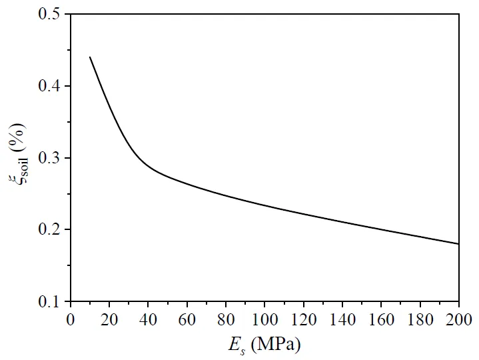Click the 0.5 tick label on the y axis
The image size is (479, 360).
[x=51, y=14]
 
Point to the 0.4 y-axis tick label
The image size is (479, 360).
[x=51, y=86]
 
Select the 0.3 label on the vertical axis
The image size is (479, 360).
[x=51, y=158]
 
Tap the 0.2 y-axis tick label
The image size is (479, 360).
[x=51, y=230]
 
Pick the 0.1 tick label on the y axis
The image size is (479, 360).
[x=51, y=302]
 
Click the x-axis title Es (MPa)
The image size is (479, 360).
[x=265, y=345]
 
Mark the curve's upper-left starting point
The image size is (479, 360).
[x=90, y=57]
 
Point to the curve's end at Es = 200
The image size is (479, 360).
[x=459, y=244]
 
